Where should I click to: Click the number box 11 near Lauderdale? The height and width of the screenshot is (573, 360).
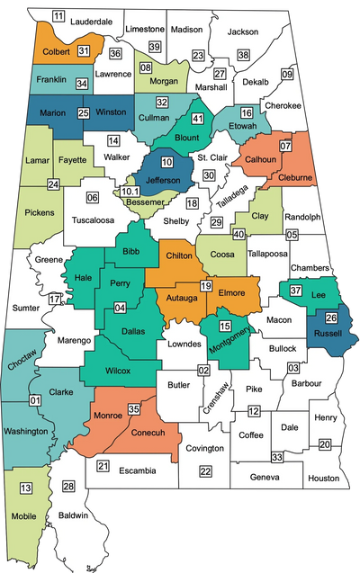58,16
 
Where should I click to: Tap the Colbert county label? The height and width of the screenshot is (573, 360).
55,50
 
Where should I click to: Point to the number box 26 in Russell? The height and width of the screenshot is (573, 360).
331,317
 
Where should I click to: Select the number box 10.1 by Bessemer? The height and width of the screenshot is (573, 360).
130,191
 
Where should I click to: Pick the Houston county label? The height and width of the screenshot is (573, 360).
322,479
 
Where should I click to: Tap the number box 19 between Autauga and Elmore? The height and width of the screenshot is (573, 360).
205,286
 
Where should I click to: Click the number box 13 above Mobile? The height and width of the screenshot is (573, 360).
26,488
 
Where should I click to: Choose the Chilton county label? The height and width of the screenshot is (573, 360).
179,255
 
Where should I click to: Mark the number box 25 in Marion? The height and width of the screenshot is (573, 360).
83,113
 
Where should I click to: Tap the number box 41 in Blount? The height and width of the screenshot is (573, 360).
198,117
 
